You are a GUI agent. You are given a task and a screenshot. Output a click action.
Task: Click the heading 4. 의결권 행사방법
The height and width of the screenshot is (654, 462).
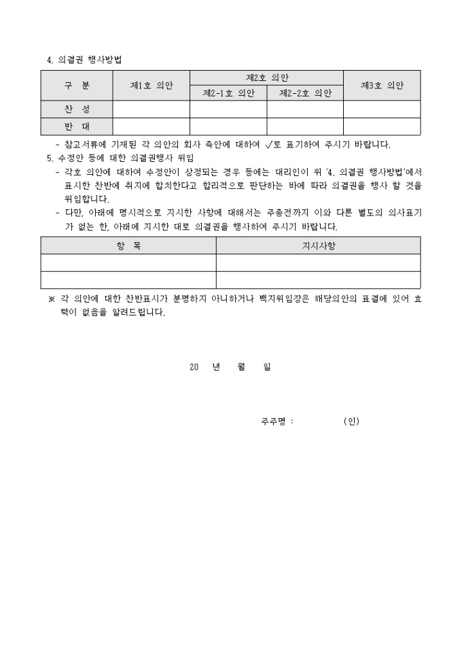[x=84, y=60]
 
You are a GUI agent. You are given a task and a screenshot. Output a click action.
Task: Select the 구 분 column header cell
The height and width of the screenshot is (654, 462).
[x=76, y=86]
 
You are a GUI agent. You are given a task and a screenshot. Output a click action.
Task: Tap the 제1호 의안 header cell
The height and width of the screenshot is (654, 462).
[x=151, y=86]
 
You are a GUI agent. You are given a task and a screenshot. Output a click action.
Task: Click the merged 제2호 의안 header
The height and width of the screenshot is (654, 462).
[x=266, y=78]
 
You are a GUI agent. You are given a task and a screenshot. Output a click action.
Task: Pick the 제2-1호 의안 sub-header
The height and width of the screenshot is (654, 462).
[x=228, y=93]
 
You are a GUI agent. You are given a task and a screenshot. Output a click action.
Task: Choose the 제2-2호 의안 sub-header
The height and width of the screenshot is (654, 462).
[x=305, y=93]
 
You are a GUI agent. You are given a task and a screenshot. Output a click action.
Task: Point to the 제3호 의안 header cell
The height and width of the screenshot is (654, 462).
[x=382, y=86]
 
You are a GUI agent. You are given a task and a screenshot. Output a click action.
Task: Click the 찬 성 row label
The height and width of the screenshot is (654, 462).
[x=76, y=109]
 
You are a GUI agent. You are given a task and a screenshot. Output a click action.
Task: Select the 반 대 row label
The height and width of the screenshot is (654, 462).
[x=76, y=126]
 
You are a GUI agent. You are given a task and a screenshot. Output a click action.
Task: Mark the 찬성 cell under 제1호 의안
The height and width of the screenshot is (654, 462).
[x=151, y=109]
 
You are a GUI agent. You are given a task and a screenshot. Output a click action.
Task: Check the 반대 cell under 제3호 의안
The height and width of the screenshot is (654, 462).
[x=382, y=126]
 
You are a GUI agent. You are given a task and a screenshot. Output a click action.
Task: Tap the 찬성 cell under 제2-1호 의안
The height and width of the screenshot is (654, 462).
[x=228, y=109]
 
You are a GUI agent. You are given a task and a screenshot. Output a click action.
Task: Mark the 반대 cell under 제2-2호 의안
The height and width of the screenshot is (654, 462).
[x=305, y=126]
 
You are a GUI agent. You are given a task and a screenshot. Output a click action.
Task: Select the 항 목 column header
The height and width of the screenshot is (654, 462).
[x=128, y=245]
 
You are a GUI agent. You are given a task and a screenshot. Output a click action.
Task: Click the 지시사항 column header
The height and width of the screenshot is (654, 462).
[x=318, y=245]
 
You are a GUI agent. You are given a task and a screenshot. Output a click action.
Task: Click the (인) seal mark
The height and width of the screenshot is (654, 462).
[x=351, y=421]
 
